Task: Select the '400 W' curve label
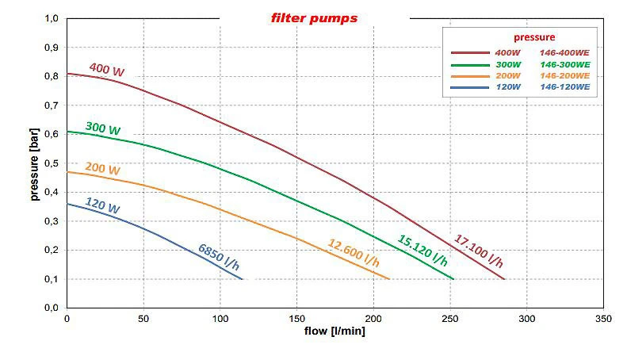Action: pyautogui.click(x=106, y=70)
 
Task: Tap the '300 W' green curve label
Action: pyautogui.click(x=103, y=129)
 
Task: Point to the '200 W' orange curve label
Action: pyautogui.click(x=103, y=170)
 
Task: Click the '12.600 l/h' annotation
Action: pyautogui.click(x=354, y=253)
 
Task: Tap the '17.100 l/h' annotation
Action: pyautogui.click(x=478, y=251)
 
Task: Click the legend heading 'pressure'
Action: pyautogui.click(x=533, y=36)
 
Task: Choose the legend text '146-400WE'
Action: pyautogui.click(x=564, y=52)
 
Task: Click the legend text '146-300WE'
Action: pyautogui.click(x=564, y=63)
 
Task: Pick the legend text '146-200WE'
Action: pyautogui.click(x=564, y=75)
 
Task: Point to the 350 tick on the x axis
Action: pyautogui.click(x=602, y=318)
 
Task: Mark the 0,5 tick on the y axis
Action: pyautogui.click(x=52, y=163)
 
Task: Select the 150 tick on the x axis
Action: pyautogui.click(x=296, y=318)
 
